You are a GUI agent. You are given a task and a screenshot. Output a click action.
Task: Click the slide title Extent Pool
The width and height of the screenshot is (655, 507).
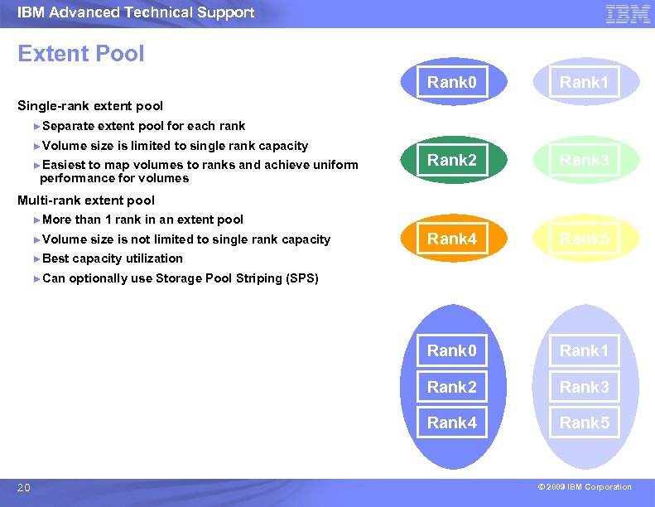[81, 54]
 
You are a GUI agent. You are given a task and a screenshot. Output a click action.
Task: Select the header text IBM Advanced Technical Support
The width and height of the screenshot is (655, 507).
[136, 12]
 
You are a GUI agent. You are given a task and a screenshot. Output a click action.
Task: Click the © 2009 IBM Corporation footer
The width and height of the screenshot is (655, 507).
[584, 487]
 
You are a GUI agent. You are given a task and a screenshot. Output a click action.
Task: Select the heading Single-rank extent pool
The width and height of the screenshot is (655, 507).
[90, 106]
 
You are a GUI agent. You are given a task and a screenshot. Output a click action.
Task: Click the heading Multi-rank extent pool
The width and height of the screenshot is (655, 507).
[86, 200]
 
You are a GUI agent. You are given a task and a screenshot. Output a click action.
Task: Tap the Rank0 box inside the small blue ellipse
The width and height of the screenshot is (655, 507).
[451, 82]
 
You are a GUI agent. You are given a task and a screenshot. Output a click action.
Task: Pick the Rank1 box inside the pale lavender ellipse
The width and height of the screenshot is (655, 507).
[584, 82]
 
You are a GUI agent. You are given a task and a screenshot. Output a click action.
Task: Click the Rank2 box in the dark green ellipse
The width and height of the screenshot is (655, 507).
[451, 161]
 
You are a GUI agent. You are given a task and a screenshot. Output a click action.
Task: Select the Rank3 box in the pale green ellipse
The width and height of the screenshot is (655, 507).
[584, 161]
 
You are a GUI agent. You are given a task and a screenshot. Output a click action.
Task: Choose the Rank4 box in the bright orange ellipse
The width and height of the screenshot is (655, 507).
[451, 239]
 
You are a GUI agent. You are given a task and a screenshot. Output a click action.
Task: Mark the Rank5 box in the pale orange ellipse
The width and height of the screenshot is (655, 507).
[584, 239]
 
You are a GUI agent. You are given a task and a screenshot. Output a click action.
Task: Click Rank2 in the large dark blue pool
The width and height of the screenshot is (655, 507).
[451, 387]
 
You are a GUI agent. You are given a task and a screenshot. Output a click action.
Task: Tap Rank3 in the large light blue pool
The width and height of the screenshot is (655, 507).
[584, 387]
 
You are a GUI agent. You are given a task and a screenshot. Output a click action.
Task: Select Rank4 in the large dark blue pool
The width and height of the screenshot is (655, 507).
[451, 422]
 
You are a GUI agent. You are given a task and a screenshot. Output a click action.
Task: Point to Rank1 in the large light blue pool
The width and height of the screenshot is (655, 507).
[584, 351]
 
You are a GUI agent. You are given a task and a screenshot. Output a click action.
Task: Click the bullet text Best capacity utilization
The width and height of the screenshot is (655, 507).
[112, 258]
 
